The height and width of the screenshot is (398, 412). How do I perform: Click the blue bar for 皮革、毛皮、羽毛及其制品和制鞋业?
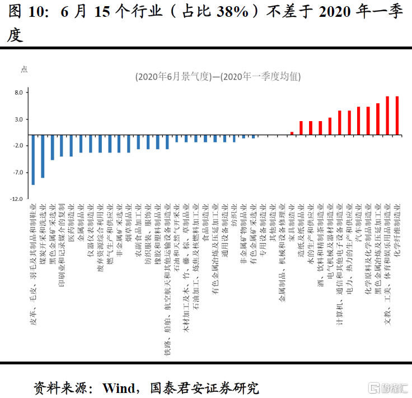pos(33,160)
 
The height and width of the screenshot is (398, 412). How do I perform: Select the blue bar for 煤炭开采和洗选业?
pos(43,156)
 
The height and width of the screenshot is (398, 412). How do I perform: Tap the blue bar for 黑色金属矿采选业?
pos(52,147)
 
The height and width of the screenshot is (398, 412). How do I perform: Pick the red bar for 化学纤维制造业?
pos(397,115)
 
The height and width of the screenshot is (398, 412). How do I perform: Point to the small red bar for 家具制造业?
pos(292,133)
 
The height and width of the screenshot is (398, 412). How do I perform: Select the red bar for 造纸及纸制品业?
pos(301,128)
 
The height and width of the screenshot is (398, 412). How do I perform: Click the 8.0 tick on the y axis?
pos(18,92)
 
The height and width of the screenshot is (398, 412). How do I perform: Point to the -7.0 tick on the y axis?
pos(18,172)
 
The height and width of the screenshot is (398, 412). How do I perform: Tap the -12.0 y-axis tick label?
pos(17,199)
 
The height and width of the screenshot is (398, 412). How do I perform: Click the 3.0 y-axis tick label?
pos(18,119)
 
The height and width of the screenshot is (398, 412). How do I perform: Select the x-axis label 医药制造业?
pos(71,221)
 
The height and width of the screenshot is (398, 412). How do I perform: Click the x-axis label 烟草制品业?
pos(129,221)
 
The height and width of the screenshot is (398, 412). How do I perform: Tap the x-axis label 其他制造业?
pos(273,221)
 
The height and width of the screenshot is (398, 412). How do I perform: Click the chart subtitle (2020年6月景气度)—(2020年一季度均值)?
pos(218,77)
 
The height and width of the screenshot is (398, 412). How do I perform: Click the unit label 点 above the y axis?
pos(24,68)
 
